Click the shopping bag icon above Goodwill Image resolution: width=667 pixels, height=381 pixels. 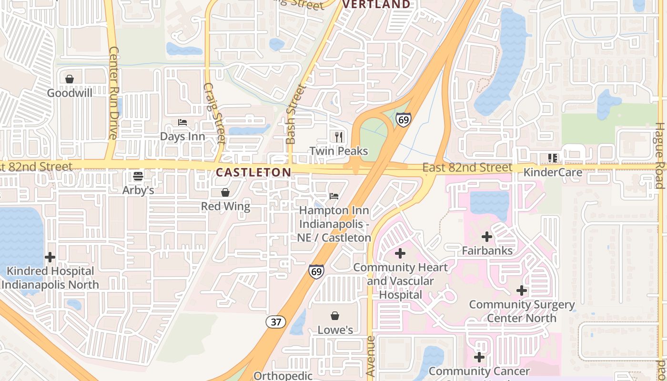pos(70,79)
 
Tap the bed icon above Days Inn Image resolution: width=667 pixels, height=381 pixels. pos(182,122)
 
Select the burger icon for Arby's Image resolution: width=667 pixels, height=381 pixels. pos(138,176)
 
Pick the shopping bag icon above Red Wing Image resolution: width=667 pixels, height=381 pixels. pos(225,192)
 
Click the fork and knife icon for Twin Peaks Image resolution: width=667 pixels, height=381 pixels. pos(339,137)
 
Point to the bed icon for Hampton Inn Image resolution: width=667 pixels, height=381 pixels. pos(334,196)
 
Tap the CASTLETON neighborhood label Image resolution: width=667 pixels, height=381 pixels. pos(253,172)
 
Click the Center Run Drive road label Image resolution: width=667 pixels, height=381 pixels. pos(113,92)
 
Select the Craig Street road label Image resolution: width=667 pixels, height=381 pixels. pos(214,113)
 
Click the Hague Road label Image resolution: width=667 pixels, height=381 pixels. pos(660,156)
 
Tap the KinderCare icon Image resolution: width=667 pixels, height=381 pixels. pos(553,158)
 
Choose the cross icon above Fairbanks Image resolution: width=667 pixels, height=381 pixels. pos(487,236)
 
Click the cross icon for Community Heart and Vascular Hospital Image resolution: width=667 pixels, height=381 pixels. pos(400,253)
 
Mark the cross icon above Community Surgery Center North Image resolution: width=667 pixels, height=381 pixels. pos(522,290)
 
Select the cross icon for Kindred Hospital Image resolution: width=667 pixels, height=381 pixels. pos(50,257)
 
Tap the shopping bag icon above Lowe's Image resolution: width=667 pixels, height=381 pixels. pos(335,316)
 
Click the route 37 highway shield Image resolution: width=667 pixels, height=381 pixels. pos(276,322)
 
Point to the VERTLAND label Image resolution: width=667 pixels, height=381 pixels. pos(376,4)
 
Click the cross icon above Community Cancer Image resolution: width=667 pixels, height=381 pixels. pos(479,357)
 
